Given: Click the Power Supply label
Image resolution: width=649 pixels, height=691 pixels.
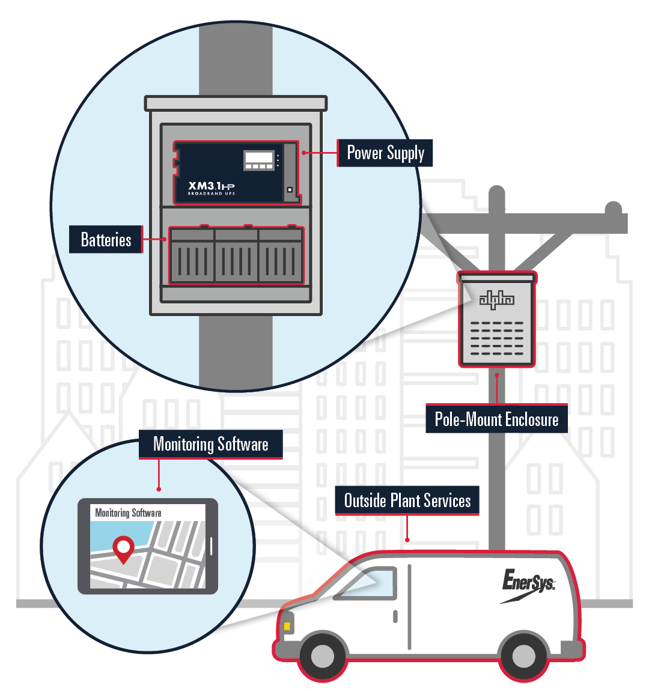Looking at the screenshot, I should pos(385,153).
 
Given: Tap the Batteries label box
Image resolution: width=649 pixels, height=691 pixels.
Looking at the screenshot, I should pos(106,240).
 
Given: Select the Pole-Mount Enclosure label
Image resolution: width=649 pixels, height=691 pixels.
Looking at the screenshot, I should pos(496,419).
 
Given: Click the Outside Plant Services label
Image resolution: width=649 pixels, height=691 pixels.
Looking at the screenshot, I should pos(407,501).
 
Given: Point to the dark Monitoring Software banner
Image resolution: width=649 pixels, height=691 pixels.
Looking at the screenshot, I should pos(210,445).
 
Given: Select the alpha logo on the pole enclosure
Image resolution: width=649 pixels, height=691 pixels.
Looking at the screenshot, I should pos(496,299).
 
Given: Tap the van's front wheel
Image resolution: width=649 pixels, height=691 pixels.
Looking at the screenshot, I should pos(323,656).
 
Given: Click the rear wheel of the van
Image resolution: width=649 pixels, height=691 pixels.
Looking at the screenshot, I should pos(523,656).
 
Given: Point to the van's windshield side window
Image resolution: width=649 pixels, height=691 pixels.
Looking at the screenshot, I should pos(370,583).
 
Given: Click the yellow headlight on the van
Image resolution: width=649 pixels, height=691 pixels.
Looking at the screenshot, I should pos(287,626).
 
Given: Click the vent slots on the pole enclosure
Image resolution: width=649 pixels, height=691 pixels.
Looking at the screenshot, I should pos(496,338).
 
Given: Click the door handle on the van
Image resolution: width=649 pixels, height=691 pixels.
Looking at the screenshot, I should pos(395,616).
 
